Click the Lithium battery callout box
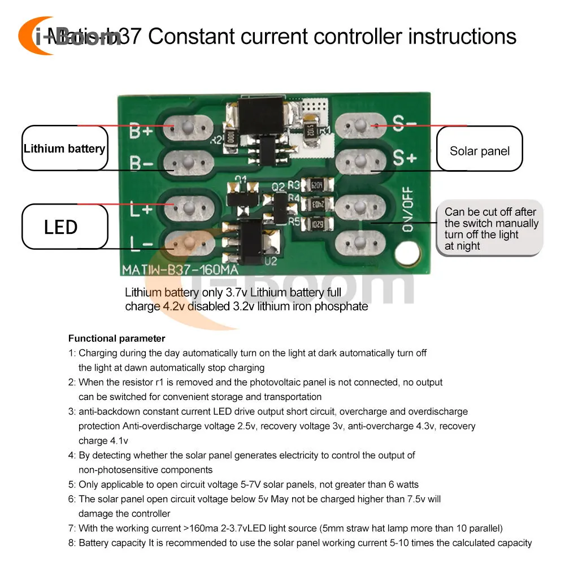pyautogui.click(x=64, y=149)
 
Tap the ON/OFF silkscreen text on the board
pyautogui.click(x=407, y=208)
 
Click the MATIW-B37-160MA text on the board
pyautogui.click(x=180, y=270)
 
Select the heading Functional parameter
pyautogui.click(x=116, y=338)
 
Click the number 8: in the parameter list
pyautogui.click(x=72, y=543)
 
